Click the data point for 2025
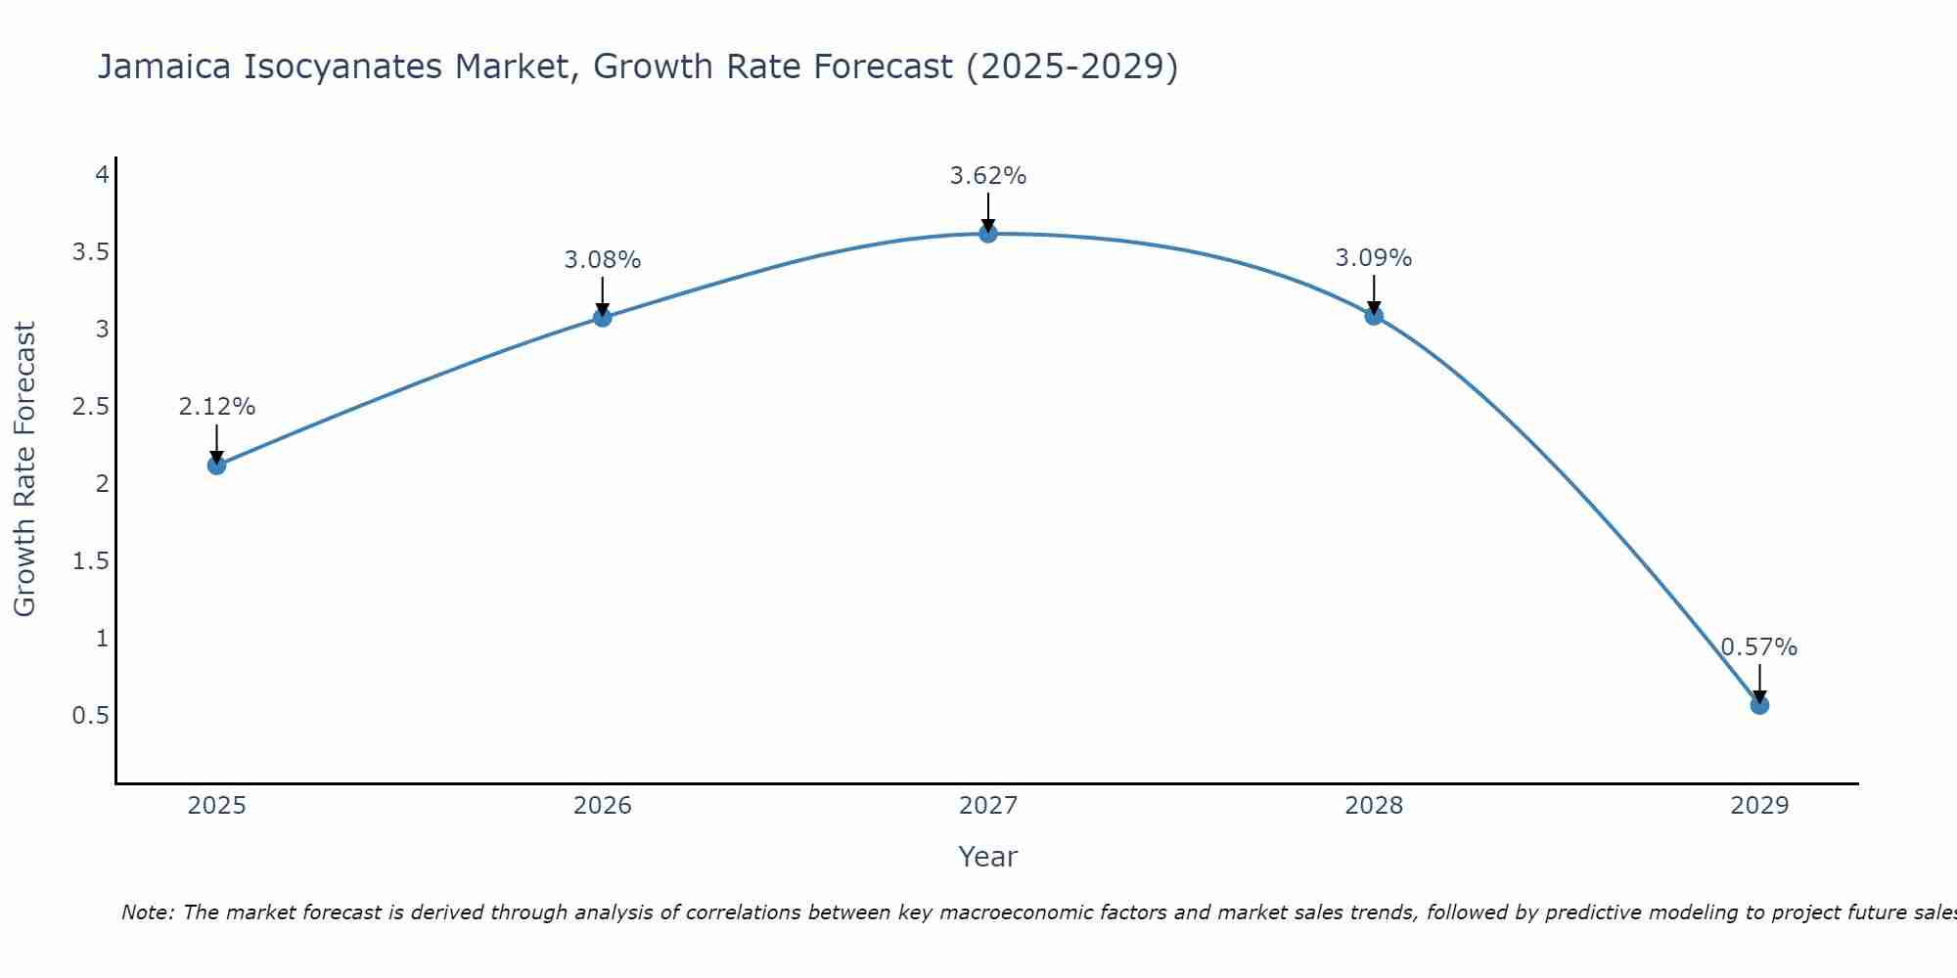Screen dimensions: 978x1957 217,466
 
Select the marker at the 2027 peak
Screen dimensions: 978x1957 988,234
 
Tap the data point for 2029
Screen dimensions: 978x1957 1759,705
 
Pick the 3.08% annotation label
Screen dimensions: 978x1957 603,260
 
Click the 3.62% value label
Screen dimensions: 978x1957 988,176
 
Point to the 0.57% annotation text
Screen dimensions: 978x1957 1759,647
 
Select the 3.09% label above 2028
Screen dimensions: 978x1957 1374,258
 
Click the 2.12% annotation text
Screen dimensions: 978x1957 217,407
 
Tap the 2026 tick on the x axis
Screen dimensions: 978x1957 603,806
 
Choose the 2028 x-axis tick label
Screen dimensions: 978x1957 1374,806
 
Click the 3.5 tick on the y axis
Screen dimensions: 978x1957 90,252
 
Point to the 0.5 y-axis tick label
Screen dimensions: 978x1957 90,716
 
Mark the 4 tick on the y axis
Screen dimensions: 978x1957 101,175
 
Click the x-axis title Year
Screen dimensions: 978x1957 988,857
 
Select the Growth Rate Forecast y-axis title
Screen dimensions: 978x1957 25,469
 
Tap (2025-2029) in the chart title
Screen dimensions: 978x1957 1071,67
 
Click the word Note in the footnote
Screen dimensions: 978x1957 147,912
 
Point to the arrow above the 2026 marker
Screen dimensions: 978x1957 603,295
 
